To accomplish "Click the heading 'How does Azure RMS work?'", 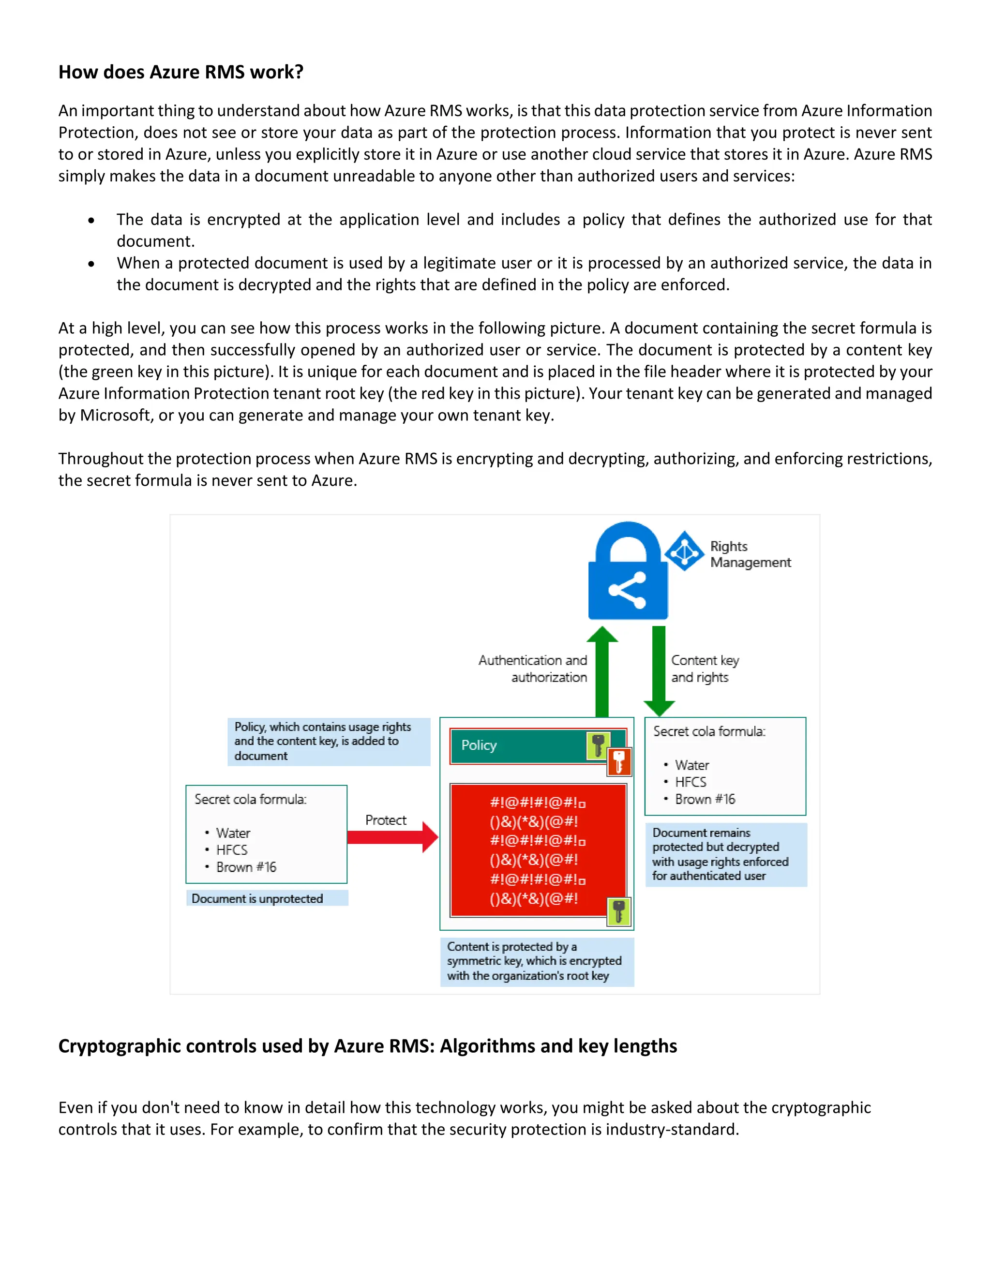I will [181, 72].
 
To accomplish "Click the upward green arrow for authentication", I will [602, 671].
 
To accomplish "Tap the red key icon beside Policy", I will [619, 762].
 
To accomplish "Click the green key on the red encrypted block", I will [619, 911].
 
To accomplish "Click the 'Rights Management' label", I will [750, 554].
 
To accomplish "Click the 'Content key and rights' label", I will [705, 669].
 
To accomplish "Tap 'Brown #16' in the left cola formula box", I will [245, 867].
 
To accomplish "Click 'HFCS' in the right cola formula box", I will [691, 782].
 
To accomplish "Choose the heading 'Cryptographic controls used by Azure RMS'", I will [368, 1046].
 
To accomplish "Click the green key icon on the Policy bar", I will [598, 745].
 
